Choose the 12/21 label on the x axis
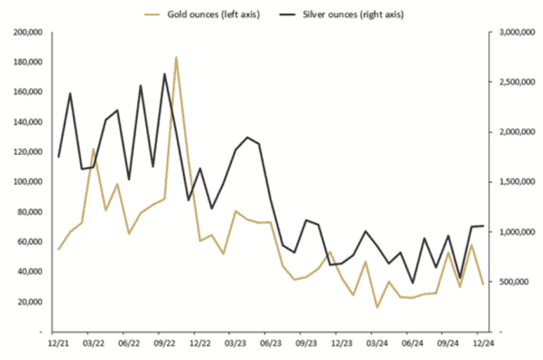(59, 343)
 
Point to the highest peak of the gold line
(176, 58)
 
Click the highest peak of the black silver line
(165, 75)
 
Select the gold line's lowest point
(377, 307)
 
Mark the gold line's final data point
(483, 284)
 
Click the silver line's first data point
(59, 156)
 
